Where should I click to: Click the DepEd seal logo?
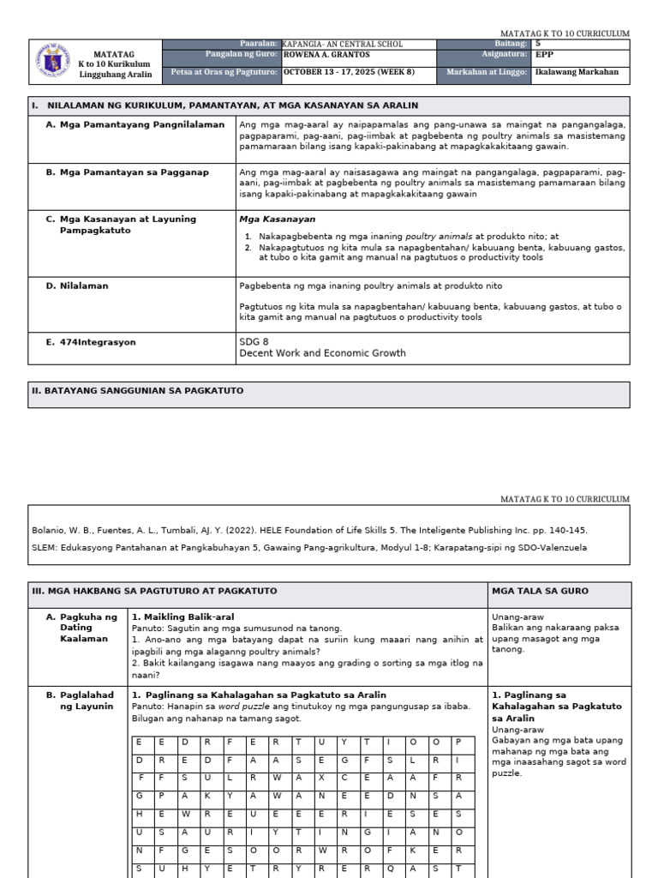click(52, 63)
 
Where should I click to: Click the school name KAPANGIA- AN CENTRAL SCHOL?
click(342, 44)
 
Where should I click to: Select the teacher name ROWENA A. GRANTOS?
click(326, 55)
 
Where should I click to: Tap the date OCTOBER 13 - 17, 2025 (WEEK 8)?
click(348, 72)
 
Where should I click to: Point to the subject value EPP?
click(544, 55)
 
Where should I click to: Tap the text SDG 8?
click(254, 341)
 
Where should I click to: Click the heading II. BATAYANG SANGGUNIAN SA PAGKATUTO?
click(138, 390)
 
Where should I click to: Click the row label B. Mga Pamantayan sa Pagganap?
click(127, 172)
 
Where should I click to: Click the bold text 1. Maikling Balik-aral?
click(182, 616)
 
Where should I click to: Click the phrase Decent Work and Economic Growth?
click(322, 353)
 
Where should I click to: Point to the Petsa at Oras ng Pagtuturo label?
click(224, 72)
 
